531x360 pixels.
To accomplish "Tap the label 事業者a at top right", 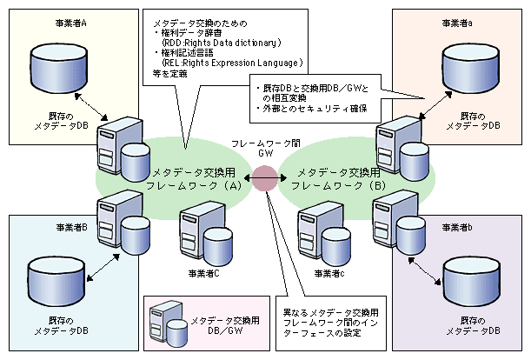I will click(x=458, y=22).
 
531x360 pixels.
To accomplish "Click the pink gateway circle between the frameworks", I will click(x=264, y=177).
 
